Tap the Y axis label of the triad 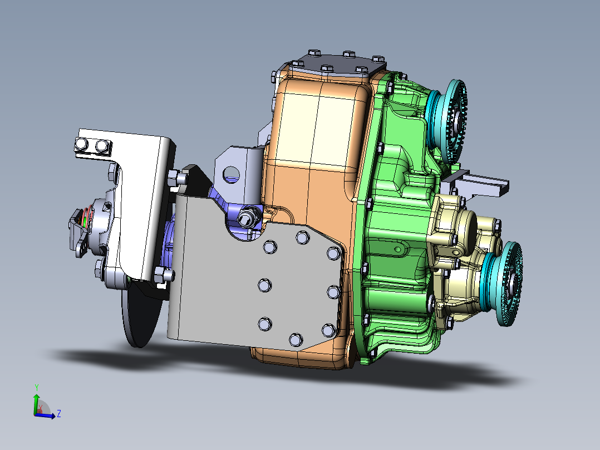[x=36, y=387]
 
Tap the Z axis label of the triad [x=58, y=414]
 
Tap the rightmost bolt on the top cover [x=377, y=59]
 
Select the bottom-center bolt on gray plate [x=295, y=338]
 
